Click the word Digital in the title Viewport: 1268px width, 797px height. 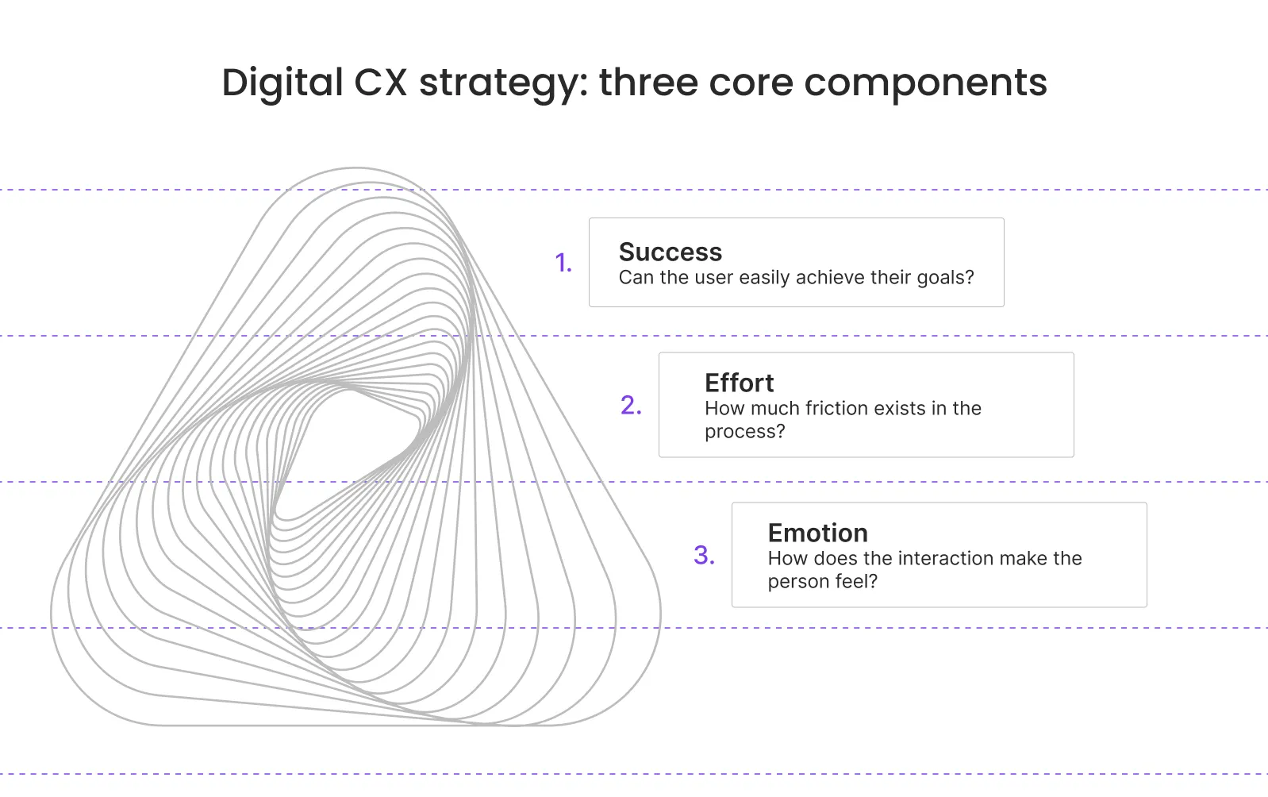click(282, 83)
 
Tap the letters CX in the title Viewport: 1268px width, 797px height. click(380, 83)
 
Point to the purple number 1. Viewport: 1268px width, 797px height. click(563, 263)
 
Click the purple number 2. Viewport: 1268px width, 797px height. click(631, 406)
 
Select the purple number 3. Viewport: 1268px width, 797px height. click(704, 555)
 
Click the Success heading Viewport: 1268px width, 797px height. click(671, 252)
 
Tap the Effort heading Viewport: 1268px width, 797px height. click(739, 383)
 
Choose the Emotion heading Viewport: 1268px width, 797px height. click(817, 533)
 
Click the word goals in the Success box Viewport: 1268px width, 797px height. click(944, 278)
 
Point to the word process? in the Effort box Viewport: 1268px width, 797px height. click(744, 432)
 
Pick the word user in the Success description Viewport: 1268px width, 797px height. click(714, 278)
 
